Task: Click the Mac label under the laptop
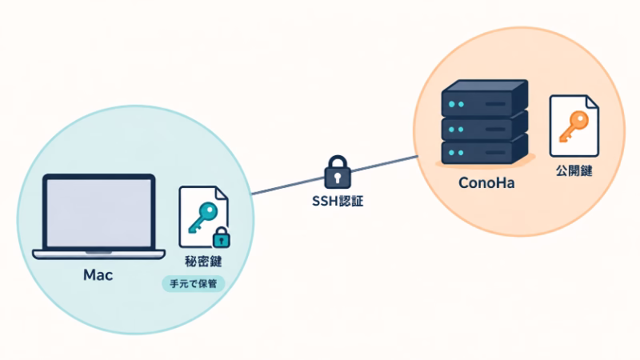click(x=98, y=274)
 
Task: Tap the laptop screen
click(x=98, y=212)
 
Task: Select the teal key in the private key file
click(x=202, y=217)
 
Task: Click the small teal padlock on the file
click(x=222, y=237)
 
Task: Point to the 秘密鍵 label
click(x=203, y=262)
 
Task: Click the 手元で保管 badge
click(x=193, y=284)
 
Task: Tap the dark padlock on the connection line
click(x=338, y=172)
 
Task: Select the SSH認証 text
click(x=338, y=201)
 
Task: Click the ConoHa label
click(x=486, y=182)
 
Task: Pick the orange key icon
click(x=574, y=126)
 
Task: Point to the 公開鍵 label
click(x=574, y=170)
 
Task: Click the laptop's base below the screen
click(x=98, y=254)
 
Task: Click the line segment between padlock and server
click(x=385, y=164)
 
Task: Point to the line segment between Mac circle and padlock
click(x=288, y=186)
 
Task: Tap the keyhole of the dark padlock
click(x=338, y=178)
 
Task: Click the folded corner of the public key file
click(x=592, y=102)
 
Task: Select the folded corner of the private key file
click(x=222, y=194)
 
